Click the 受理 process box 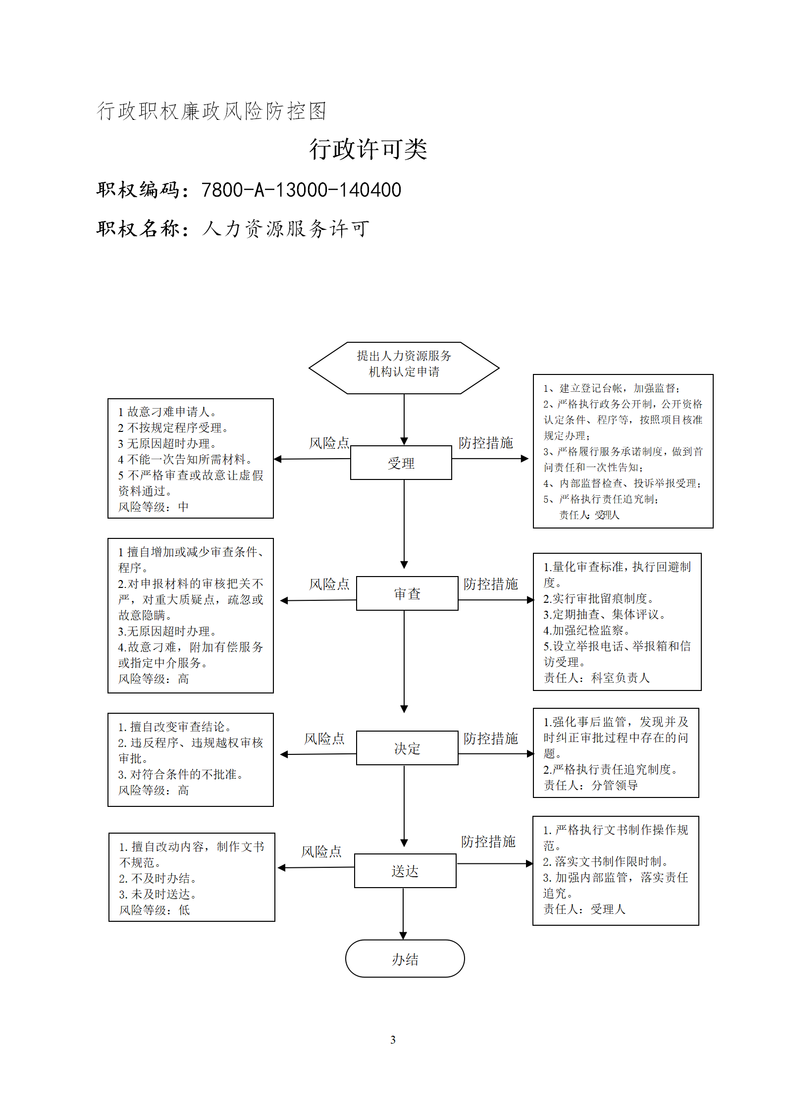coord(401,463)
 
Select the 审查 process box coord(407,593)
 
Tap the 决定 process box coord(407,748)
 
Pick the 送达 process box coord(405,871)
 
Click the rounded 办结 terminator coord(405,958)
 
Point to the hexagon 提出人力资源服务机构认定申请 coord(404,368)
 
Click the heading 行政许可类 coord(368,149)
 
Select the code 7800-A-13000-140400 coord(301,190)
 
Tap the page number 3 coord(393,1040)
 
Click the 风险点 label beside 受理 coord(329,443)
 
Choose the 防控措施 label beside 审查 coord(490,584)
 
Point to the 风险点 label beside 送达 coord(321,851)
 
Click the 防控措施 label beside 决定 coord(490,739)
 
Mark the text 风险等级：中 coord(154,507)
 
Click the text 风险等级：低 coord(155,910)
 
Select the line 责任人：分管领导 coord(590,785)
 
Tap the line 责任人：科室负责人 coord(596,678)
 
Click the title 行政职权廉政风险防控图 coord(211,111)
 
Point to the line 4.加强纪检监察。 coord(586,630)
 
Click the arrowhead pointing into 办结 coord(403,936)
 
